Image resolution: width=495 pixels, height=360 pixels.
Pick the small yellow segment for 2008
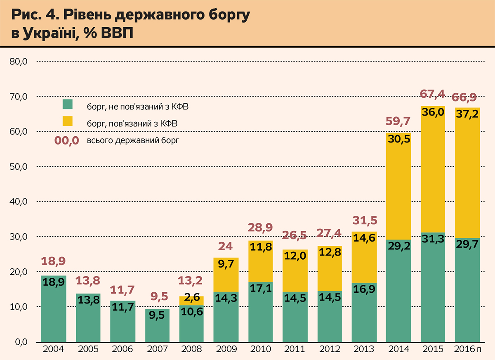coord(191,300)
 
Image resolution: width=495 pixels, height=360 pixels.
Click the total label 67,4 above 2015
coord(432,94)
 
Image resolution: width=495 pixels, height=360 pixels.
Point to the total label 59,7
coord(398,121)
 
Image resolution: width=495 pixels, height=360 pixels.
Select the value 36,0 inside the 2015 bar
coord(432,112)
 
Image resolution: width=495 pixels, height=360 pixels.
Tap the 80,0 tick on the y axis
coord(19,62)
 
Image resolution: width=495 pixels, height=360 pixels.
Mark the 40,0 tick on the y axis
coord(19,202)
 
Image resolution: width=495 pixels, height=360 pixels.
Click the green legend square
coord(67,104)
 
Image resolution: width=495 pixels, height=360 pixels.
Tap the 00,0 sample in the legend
coord(66,141)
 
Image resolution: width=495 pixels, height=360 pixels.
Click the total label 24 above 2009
coord(226,247)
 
